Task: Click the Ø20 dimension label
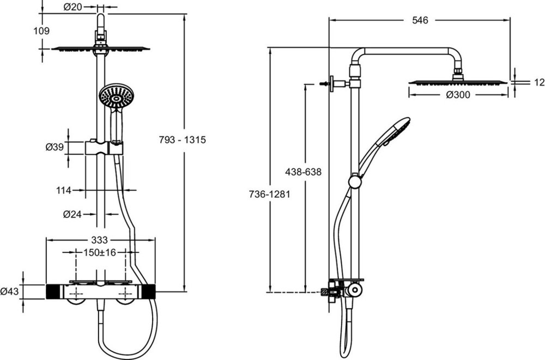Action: pyautogui.click(x=72, y=7)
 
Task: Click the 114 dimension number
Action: pyautogui.click(x=64, y=190)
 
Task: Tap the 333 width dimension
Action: pyautogui.click(x=99, y=240)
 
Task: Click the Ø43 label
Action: pyautogui.click(x=10, y=291)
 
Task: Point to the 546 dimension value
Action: pyautogui.click(x=420, y=20)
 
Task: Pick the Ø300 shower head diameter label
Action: pyautogui.click(x=458, y=95)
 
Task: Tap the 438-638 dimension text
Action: pyautogui.click(x=303, y=172)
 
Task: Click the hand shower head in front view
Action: pyautogui.click(x=116, y=96)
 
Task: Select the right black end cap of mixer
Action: pyautogui.click(x=149, y=291)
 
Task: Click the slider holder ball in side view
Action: pyautogui.click(x=355, y=181)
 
